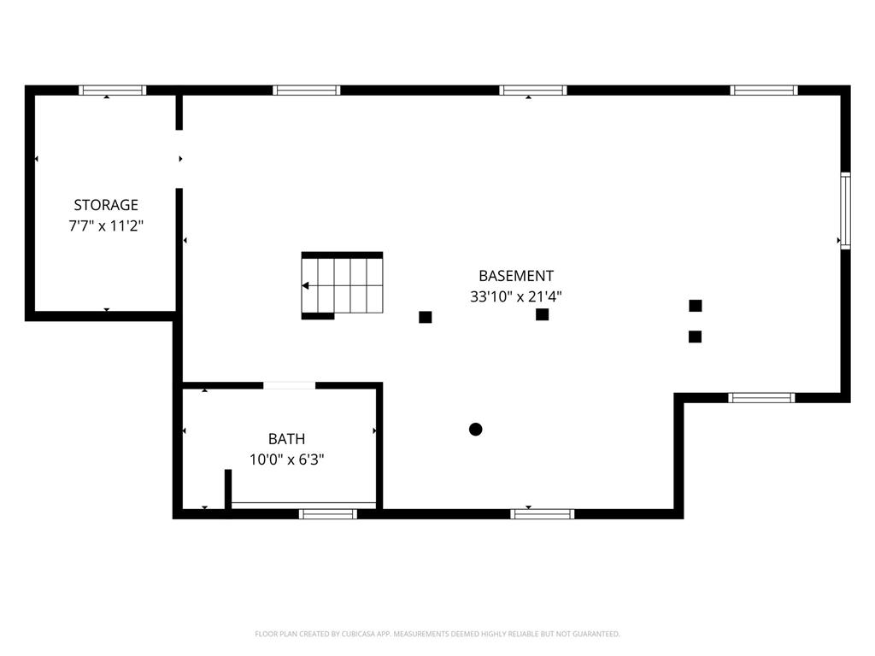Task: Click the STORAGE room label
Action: point(106,205)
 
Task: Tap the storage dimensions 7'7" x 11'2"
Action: point(106,225)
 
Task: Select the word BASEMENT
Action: point(516,276)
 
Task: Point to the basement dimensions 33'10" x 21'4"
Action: point(515,296)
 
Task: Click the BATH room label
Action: point(287,439)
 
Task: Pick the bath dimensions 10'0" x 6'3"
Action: point(287,460)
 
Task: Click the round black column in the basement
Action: point(475,429)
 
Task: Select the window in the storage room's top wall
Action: point(112,90)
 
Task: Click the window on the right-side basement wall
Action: point(845,210)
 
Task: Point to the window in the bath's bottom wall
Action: point(327,513)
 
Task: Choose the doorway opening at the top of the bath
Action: point(289,385)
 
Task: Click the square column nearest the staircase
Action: point(426,317)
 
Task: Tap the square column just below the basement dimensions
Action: point(542,314)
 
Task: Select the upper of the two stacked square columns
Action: point(696,305)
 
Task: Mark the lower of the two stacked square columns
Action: point(695,337)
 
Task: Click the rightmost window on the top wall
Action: point(764,90)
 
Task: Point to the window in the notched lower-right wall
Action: point(761,398)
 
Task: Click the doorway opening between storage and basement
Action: point(179,159)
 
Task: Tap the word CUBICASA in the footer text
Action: point(358,634)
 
